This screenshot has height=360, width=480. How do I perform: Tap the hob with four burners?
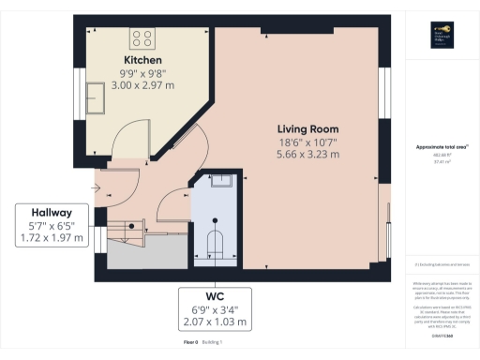(143, 38)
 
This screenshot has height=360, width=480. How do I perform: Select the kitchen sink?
(96, 95)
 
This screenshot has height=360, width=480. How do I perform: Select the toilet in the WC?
(215, 243)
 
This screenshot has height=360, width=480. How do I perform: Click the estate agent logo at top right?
(441, 35)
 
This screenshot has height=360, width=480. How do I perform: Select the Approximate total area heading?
(441, 147)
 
